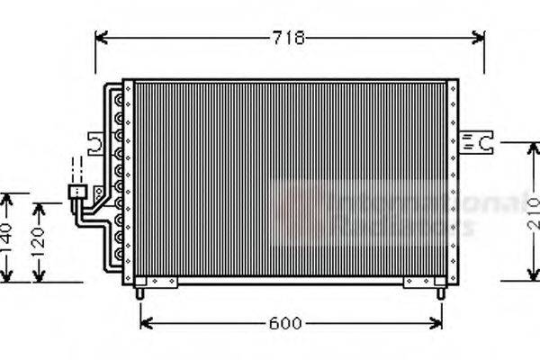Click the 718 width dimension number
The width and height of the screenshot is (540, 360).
(291, 38)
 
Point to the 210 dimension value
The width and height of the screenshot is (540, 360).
(534, 211)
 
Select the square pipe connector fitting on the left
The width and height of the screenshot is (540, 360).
(79, 192)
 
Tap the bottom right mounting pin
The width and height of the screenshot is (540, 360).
(439, 291)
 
